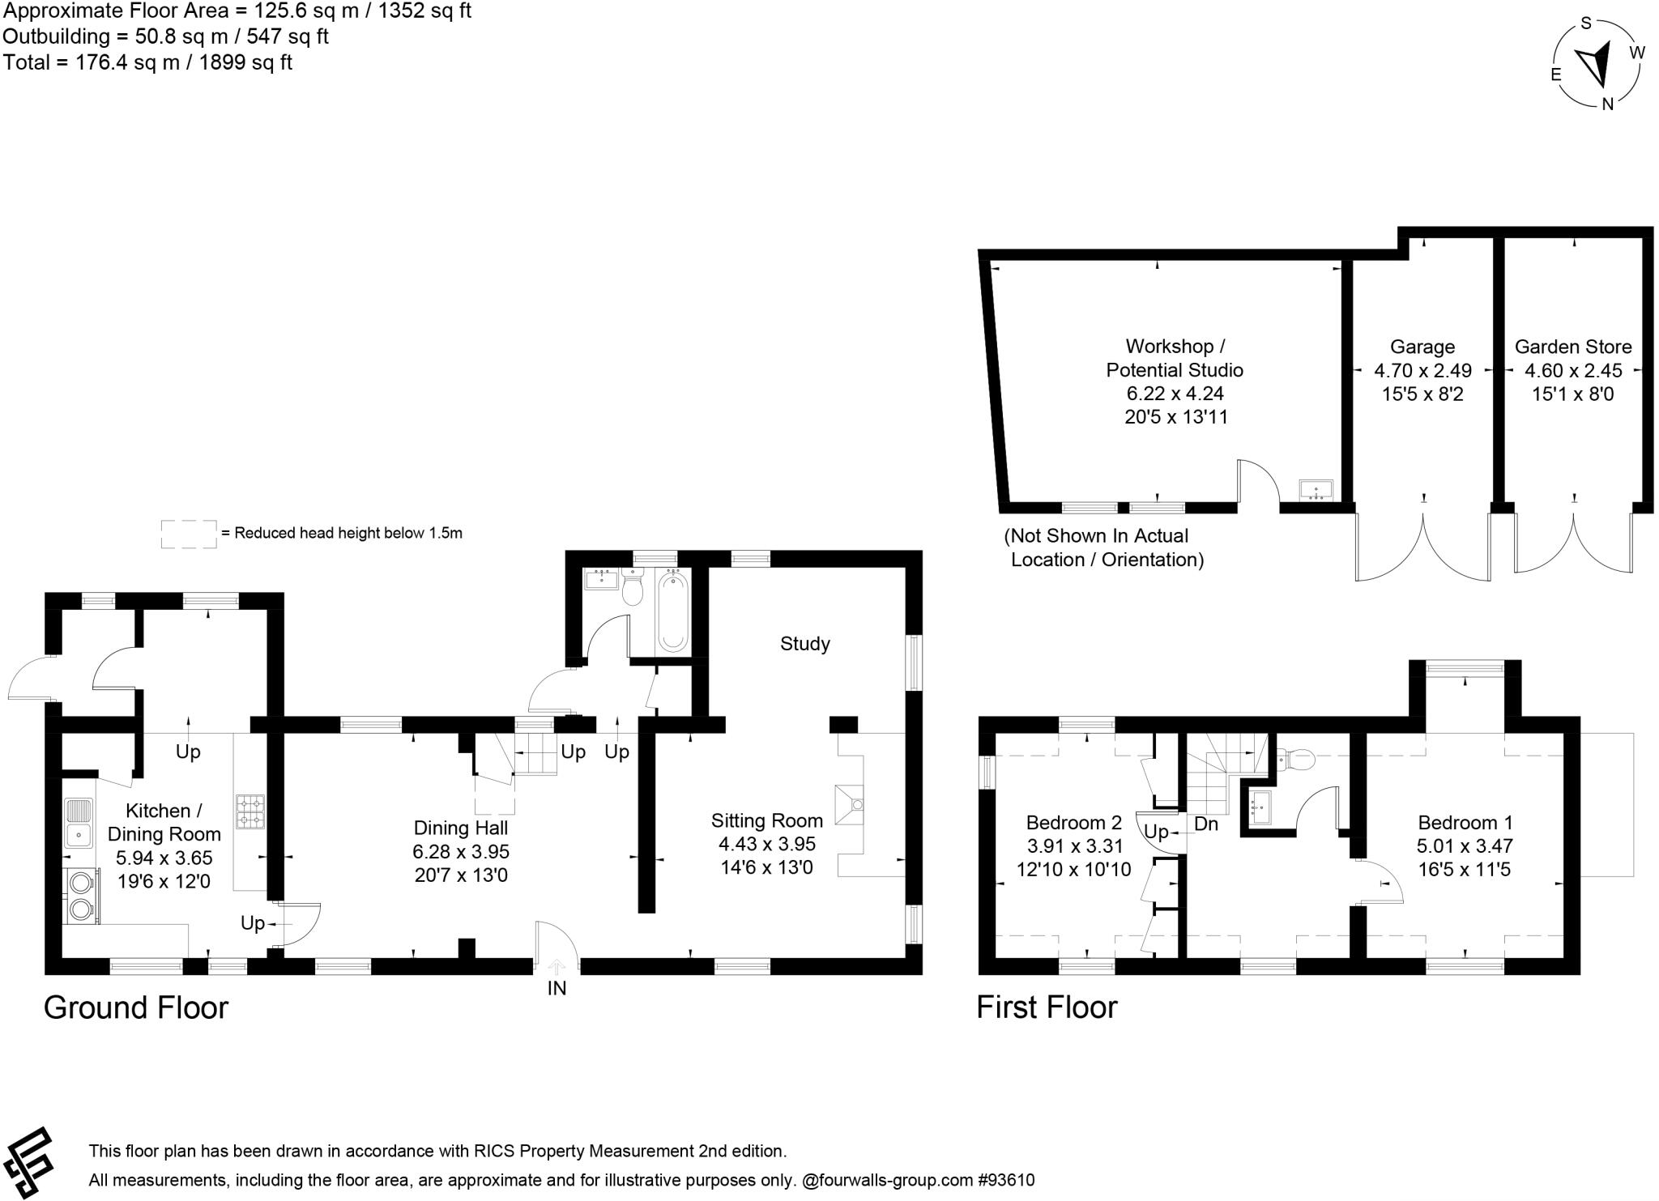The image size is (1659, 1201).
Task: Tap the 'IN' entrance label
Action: tap(557, 988)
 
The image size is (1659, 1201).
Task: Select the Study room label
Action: tap(804, 644)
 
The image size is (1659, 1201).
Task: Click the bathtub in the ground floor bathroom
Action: tap(672, 610)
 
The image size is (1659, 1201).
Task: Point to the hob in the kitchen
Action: tap(249, 811)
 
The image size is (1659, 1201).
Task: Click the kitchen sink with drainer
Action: tap(79, 822)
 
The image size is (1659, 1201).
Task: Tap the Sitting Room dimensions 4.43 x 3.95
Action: tap(766, 844)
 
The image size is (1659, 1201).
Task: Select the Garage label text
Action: tap(1422, 347)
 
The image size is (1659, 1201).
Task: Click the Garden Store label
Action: tap(1572, 347)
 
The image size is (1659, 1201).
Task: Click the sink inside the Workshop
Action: tap(1316, 490)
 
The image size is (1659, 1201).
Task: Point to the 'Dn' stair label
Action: tap(1206, 824)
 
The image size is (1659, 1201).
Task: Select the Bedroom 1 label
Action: tap(1465, 823)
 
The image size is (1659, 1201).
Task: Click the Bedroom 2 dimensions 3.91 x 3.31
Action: tap(1073, 846)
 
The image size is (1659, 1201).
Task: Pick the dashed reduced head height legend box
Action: tap(189, 534)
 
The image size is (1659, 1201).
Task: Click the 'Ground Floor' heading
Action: tap(136, 1007)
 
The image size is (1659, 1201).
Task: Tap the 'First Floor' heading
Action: tap(1047, 1007)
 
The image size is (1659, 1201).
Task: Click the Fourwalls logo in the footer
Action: tap(28, 1162)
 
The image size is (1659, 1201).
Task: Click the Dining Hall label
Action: tap(460, 828)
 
